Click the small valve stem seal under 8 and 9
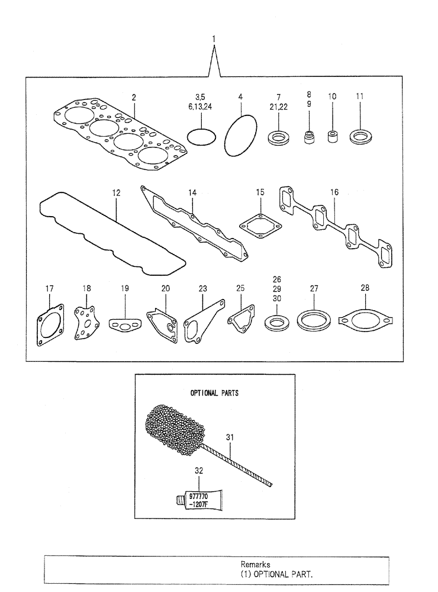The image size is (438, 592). point(308,139)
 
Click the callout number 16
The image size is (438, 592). point(334,192)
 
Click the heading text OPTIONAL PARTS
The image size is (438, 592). point(214,393)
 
